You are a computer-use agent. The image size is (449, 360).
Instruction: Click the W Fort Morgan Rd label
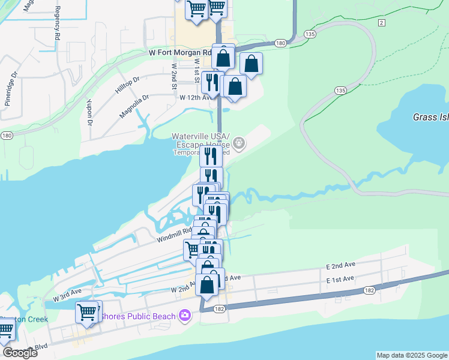[179, 53]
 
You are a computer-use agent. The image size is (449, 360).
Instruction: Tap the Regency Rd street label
[58, 23]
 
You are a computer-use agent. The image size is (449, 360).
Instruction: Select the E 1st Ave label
[340, 280]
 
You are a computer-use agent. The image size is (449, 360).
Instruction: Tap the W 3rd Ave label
[67, 295]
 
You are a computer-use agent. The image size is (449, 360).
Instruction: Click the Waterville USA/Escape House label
[200, 140]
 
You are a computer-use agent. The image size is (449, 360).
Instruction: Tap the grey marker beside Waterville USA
[239, 143]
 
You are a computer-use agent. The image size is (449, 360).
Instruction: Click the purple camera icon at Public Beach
[185, 316]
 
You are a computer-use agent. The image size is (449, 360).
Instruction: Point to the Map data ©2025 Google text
[411, 355]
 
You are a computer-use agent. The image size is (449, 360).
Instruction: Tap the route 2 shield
[381, 22]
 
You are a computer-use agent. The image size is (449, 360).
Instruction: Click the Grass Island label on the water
[430, 117]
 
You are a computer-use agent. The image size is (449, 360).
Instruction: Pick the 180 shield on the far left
[6, 136]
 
